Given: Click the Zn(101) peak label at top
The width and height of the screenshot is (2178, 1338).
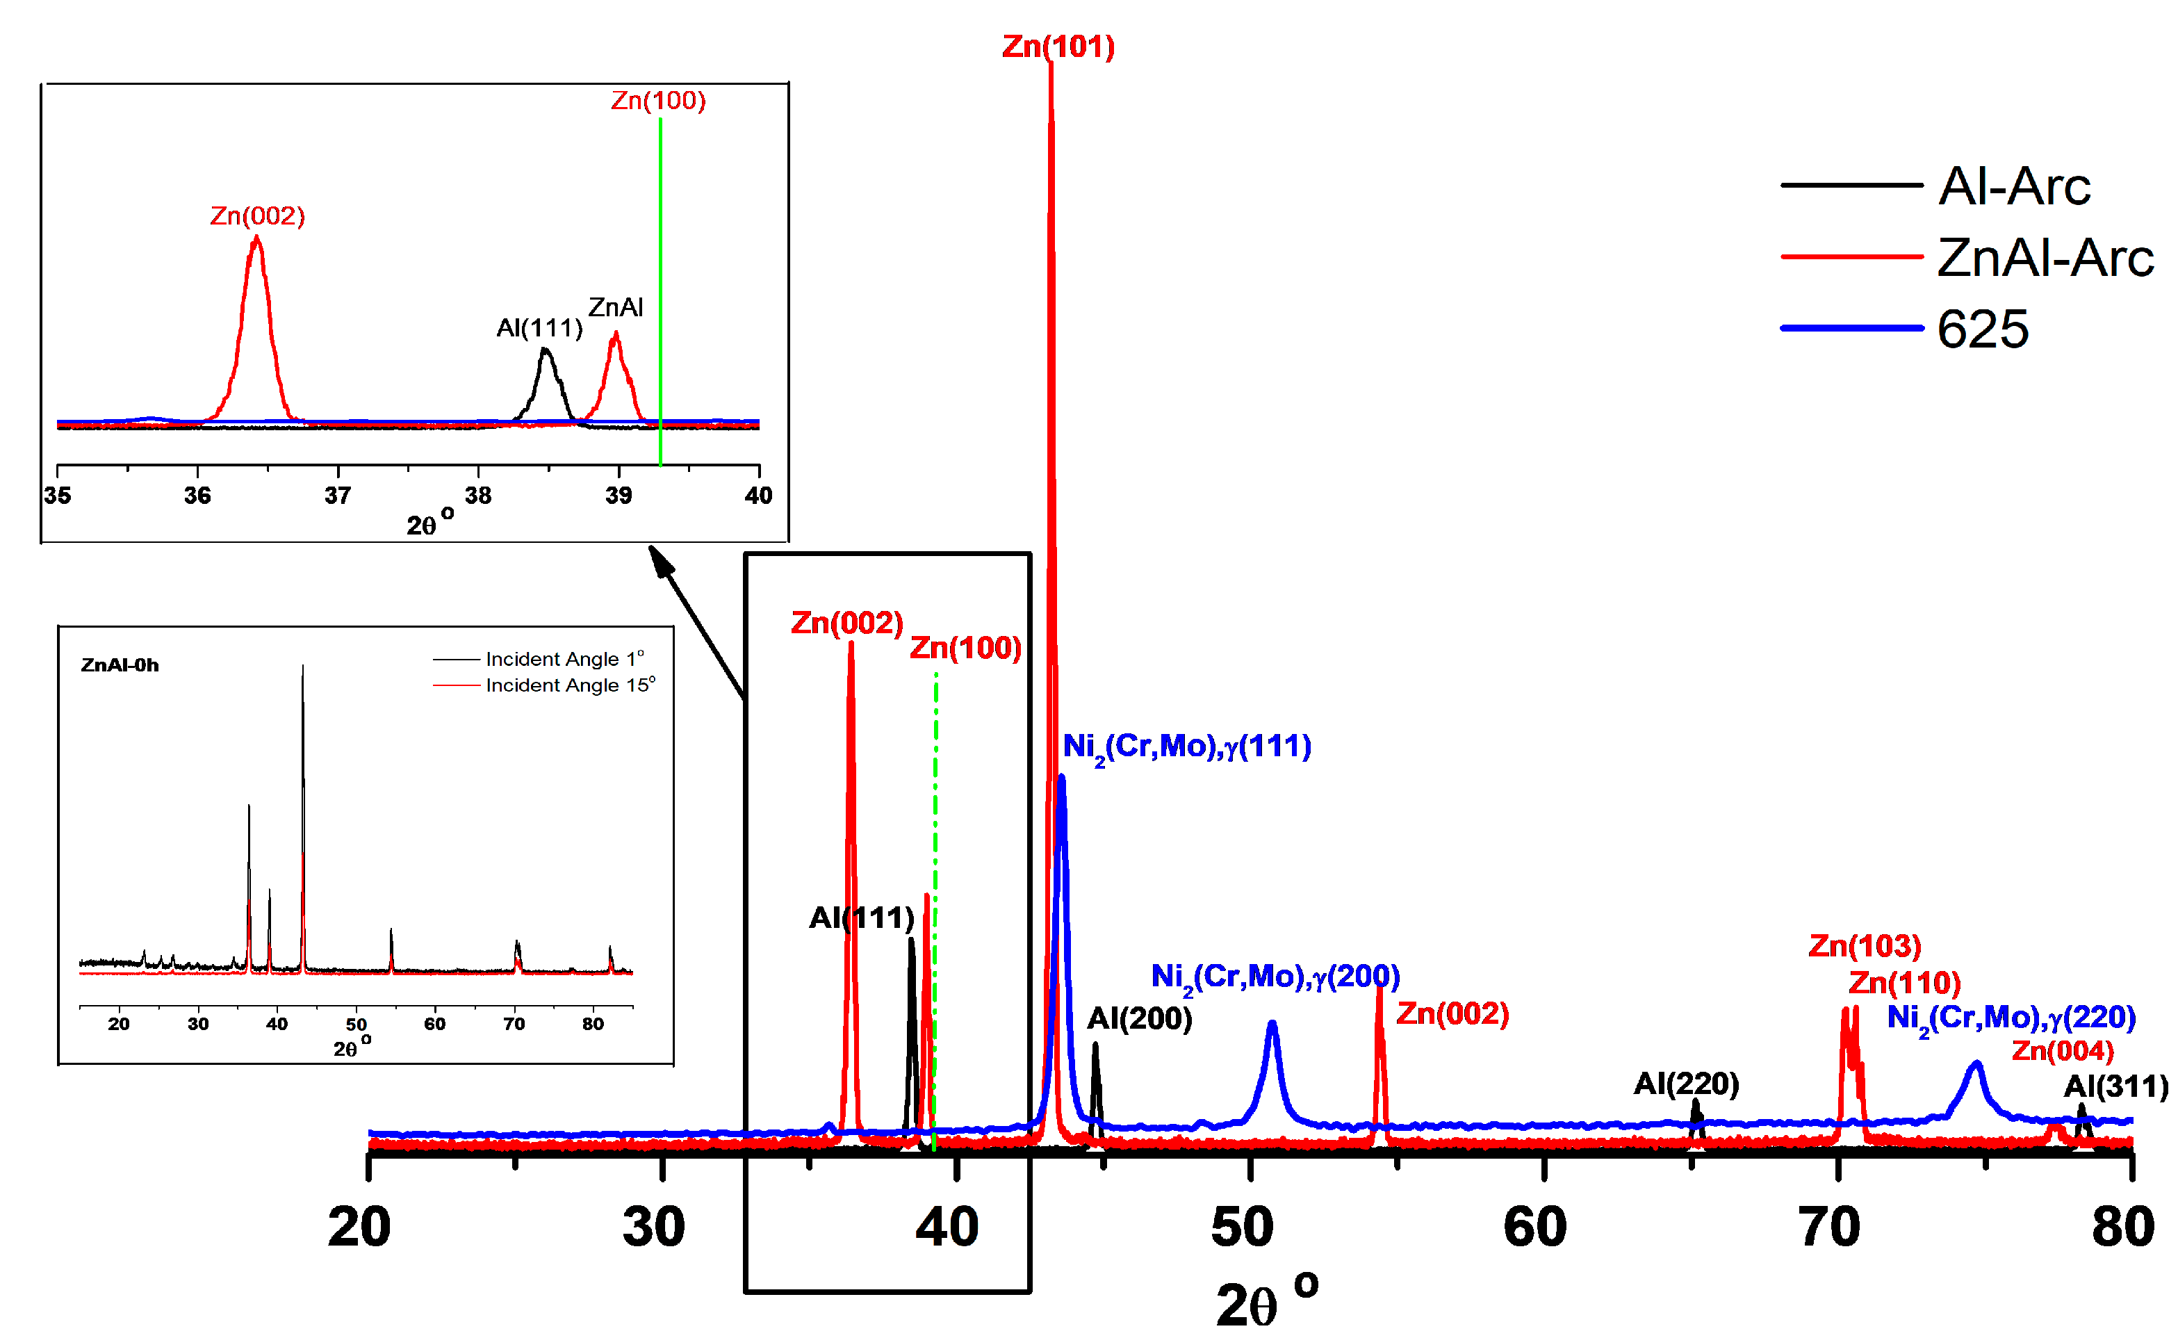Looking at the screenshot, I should [1057, 46].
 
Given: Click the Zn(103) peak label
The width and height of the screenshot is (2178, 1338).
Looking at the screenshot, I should [1864, 946].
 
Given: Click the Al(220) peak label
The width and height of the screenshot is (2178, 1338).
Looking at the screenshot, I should [1685, 1083].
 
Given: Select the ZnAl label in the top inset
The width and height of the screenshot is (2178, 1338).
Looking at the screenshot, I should [615, 307].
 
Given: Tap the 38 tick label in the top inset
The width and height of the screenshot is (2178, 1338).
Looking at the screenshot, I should [477, 496].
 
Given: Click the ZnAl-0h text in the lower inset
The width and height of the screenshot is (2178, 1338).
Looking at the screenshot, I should [120, 665].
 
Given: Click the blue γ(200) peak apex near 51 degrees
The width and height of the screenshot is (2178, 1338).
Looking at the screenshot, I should [1271, 1024].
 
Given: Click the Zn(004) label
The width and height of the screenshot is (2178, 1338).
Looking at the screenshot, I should [2061, 1051].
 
